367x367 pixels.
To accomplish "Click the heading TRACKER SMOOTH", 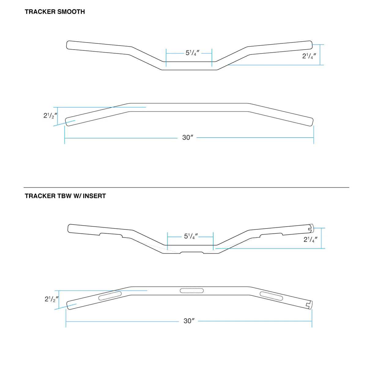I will (x=55, y=12).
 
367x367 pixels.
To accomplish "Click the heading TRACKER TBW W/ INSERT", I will (x=65, y=196).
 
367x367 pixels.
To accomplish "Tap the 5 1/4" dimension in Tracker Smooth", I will (x=192, y=53).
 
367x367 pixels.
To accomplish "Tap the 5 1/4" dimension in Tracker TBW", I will (x=191, y=236).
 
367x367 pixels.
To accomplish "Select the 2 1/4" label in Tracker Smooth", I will (x=309, y=56).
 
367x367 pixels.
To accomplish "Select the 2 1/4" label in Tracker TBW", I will (x=310, y=239).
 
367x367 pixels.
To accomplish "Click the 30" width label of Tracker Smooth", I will (x=188, y=138).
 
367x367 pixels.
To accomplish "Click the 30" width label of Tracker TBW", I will (x=189, y=321).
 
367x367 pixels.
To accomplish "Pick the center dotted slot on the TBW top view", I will (x=192, y=291).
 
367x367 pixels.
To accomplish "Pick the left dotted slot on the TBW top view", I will (x=110, y=296).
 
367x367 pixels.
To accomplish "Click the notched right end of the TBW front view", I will (x=311, y=228).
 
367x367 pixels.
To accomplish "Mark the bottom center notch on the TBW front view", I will (x=192, y=253).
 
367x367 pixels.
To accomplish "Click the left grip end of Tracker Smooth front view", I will (x=69, y=45).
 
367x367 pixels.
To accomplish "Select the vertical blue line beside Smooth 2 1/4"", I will (x=320, y=55).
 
